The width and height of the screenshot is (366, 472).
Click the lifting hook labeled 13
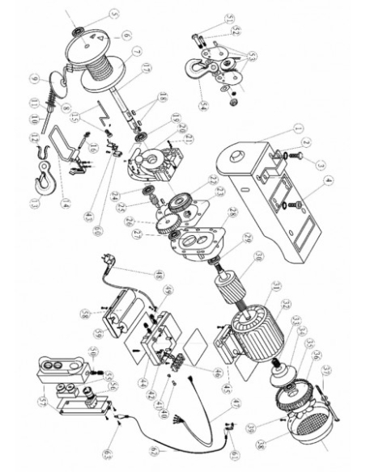click(38, 182)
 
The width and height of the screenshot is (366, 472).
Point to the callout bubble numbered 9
click(35, 79)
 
